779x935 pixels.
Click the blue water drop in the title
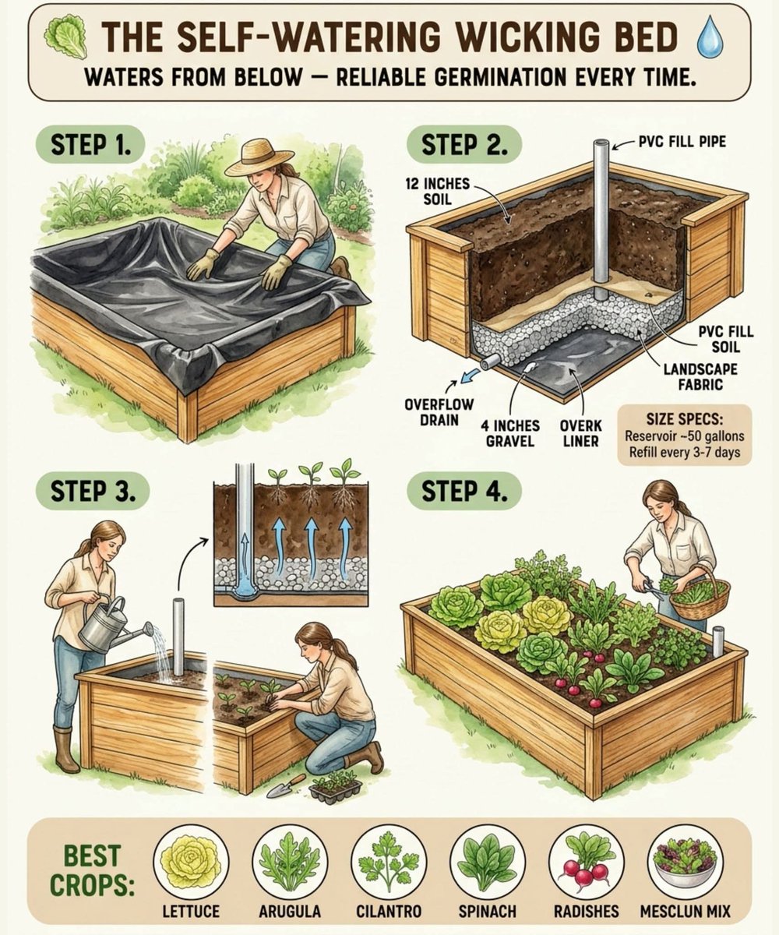pos(710,39)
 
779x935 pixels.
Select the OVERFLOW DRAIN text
pos(431,413)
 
